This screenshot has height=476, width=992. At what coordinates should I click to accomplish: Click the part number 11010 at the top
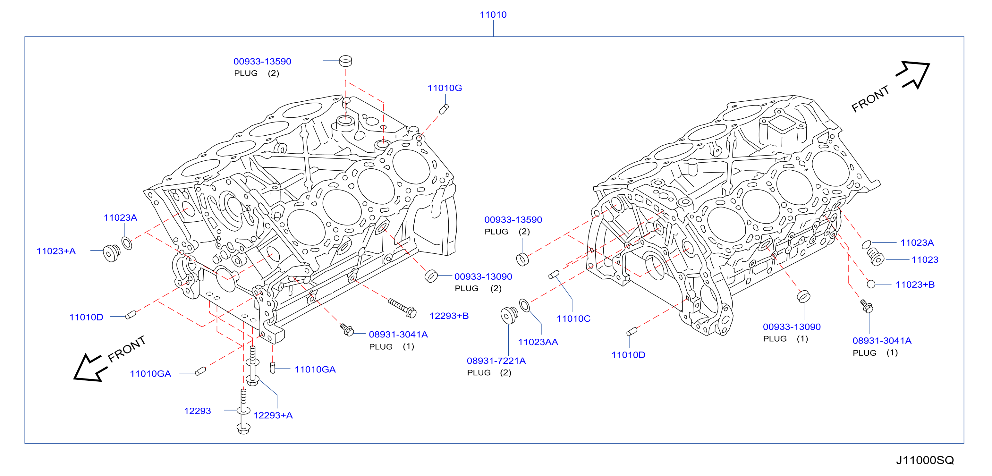[493, 15]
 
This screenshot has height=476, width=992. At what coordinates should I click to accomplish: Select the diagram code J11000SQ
[925, 460]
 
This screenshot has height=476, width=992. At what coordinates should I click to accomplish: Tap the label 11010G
[445, 88]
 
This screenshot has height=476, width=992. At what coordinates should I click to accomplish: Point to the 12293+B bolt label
[449, 316]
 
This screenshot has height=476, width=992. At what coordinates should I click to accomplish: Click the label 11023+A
[56, 251]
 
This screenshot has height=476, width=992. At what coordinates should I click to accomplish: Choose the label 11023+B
[915, 285]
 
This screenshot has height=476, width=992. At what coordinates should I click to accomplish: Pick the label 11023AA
[538, 342]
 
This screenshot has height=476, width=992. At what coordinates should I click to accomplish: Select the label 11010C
[573, 319]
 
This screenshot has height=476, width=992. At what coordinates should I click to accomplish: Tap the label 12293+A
[273, 415]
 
